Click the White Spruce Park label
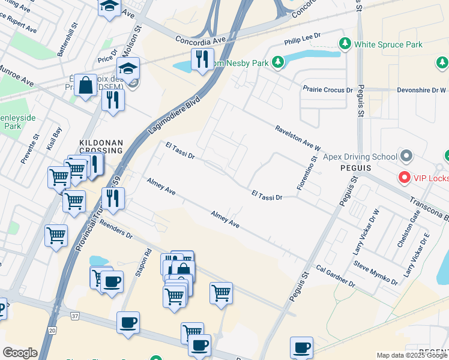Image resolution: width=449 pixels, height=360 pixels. (x=388, y=44)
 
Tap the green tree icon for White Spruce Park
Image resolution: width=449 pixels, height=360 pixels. (x=345, y=44)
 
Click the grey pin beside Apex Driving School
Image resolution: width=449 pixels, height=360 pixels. (x=407, y=157)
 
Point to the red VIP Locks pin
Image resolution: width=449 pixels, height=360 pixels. (x=405, y=178)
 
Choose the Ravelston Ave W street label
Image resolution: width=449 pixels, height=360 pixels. (x=298, y=138)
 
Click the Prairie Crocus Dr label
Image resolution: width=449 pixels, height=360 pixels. (x=327, y=90)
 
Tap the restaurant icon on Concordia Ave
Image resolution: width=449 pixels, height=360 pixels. (x=202, y=59)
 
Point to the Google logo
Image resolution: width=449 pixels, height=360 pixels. (x=20, y=353)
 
